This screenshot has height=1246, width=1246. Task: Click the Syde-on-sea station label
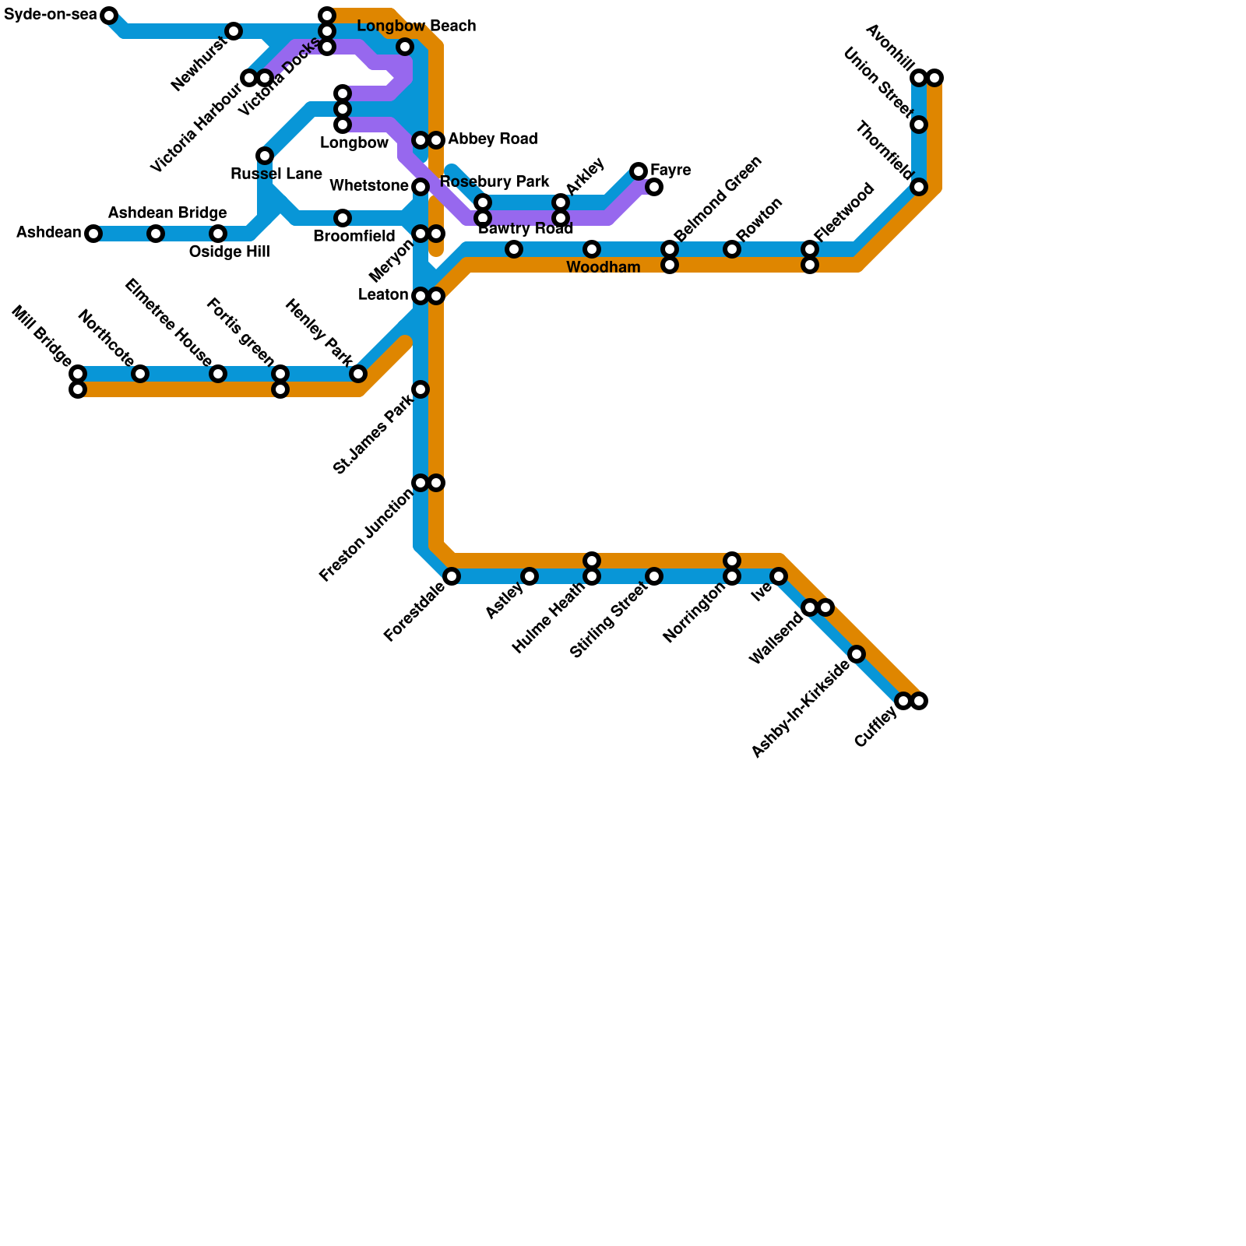coord(50,15)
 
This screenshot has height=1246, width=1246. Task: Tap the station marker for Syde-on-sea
coord(109,16)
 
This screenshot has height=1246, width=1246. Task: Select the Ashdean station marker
coord(93,234)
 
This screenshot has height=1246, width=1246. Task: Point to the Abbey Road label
coord(492,139)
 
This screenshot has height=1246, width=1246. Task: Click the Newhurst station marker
coord(234,31)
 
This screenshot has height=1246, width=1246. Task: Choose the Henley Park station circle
coord(358,374)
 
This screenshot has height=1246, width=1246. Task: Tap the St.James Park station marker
coord(421,389)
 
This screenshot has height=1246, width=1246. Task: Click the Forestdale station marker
coord(452,576)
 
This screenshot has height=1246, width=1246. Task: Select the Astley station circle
coord(530,576)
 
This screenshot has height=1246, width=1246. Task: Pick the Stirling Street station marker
coord(654,576)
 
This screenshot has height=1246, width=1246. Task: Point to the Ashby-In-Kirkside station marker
coord(857,654)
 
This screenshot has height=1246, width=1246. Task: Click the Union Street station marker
coord(919,125)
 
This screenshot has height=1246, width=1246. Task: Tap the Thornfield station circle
coord(919,187)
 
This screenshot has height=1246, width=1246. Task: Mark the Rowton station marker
coord(732,249)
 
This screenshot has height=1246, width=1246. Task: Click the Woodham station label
coord(603,268)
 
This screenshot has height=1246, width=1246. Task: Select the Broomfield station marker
coord(343,218)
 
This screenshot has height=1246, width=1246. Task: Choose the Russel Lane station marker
coord(265,156)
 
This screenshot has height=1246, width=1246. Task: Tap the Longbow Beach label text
coord(416,26)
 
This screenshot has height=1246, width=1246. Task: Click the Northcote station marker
coord(140,374)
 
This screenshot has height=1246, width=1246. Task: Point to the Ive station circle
coord(779,576)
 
